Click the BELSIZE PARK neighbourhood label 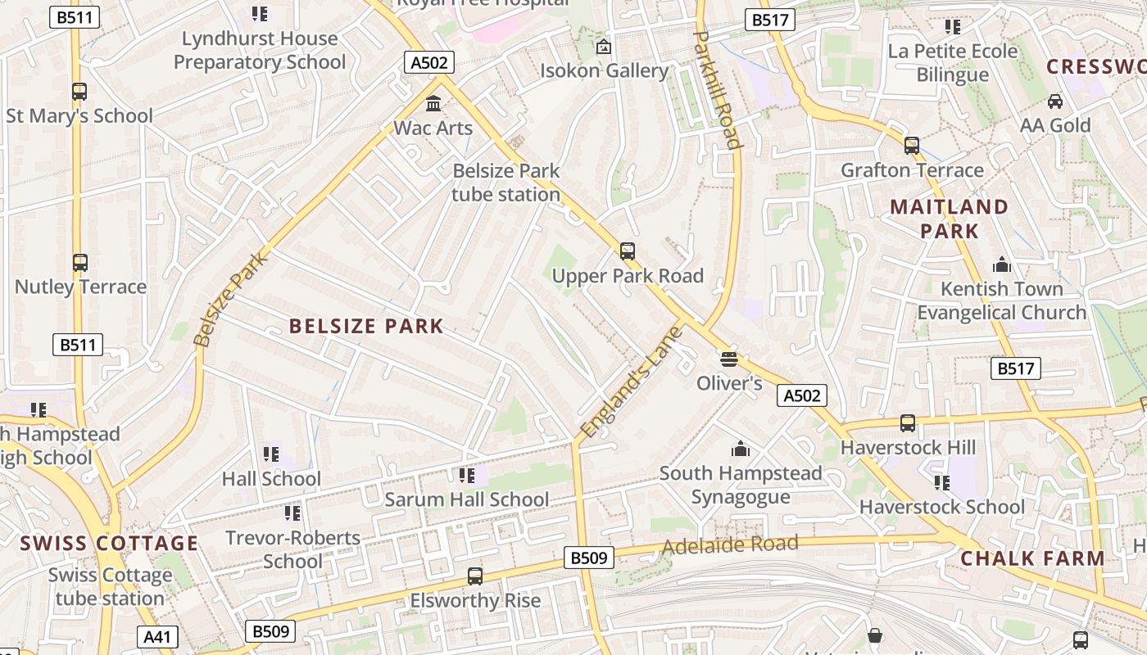pos(366,327)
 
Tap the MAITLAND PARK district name pos(949,219)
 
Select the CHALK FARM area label pos(1032,559)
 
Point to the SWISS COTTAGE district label pos(109,544)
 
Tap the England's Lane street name pos(630,382)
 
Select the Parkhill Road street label pos(718,89)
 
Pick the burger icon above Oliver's pos(729,359)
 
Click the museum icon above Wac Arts pos(433,104)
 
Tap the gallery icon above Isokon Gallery pos(604,47)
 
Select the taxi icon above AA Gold pos(1055,102)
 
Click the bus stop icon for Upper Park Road pos(628,251)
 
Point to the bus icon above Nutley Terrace pos(80,263)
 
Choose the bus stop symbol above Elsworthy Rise pos(475,576)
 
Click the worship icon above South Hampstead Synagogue pos(741,449)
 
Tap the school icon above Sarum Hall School pos(467,475)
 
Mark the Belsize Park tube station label pos(506,183)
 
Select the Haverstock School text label pos(941,507)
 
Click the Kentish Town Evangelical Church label pos(1001,300)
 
